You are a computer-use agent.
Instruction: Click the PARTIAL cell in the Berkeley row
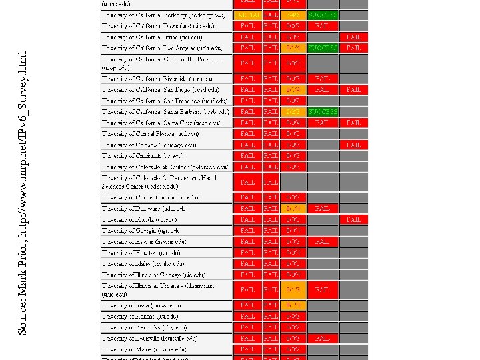[x=247, y=15]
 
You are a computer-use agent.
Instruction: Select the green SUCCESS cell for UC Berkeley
[x=323, y=15]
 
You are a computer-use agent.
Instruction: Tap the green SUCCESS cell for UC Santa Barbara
[x=323, y=111]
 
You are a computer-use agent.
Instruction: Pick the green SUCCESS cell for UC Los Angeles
[x=323, y=48]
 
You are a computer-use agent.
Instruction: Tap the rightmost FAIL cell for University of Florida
[x=353, y=219]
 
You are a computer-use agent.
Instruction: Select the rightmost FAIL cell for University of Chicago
[x=353, y=145]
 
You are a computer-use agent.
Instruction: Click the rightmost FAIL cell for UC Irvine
[x=353, y=37]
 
